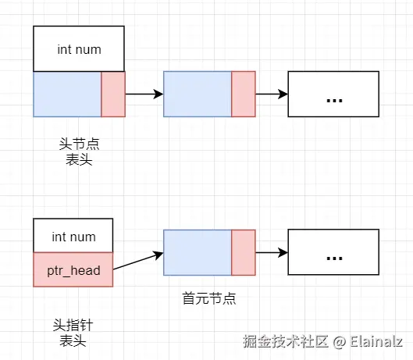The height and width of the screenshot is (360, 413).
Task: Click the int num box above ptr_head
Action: (73, 237)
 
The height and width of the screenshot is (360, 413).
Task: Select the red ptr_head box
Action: (73, 269)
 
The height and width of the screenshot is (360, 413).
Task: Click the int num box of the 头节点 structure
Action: (79, 49)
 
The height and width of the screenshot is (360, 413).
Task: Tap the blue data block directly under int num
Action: (67, 94)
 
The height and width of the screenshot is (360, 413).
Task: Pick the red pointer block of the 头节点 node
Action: (113, 94)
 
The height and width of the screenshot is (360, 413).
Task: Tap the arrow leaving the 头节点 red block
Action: (144, 94)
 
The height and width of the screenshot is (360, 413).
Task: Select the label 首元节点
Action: (209, 298)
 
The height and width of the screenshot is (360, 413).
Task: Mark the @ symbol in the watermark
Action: (339, 342)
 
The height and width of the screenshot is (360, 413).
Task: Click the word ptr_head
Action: (73, 269)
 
